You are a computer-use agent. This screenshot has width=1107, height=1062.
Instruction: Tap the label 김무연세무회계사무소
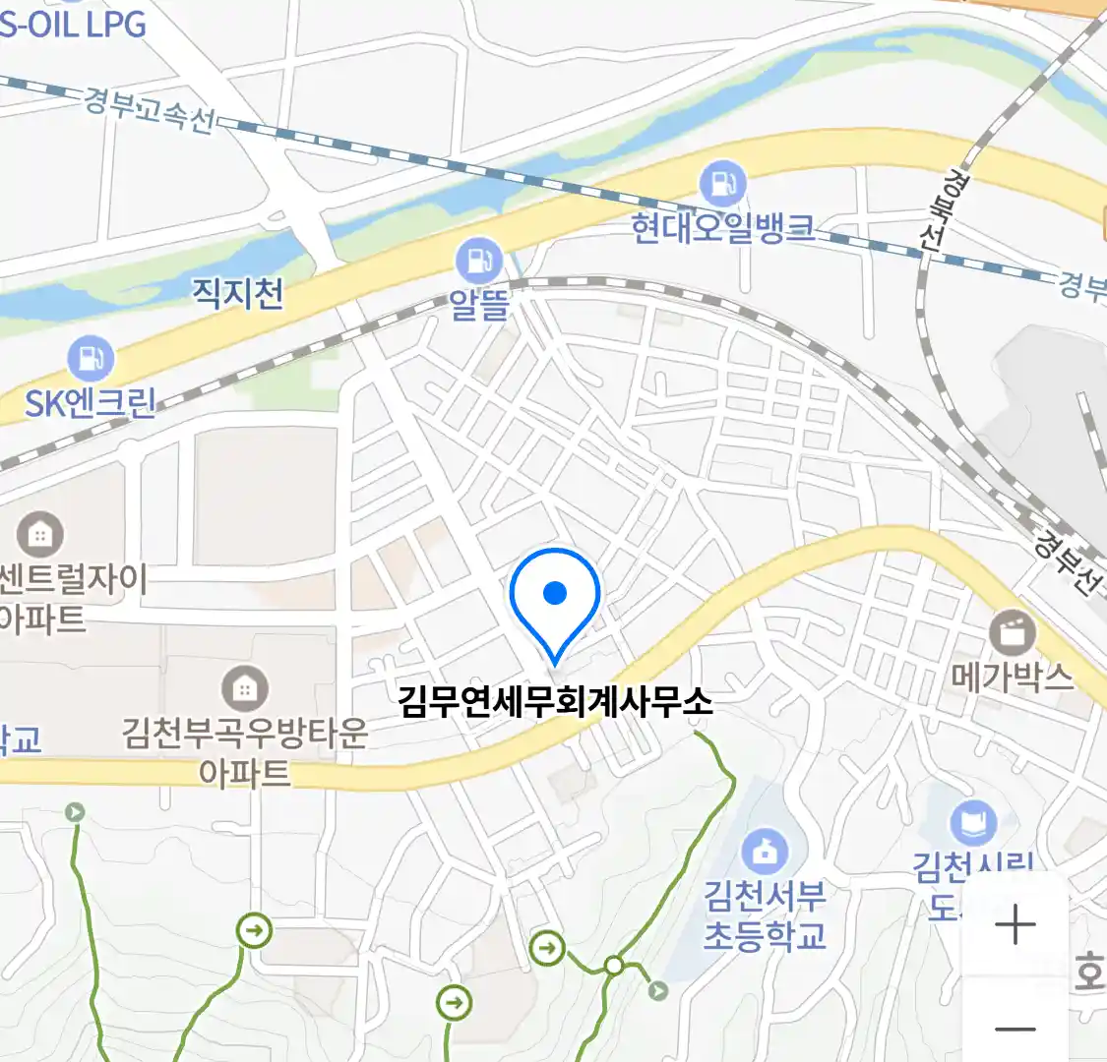pos(555,702)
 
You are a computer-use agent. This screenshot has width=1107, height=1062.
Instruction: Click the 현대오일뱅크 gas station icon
pos(722,184)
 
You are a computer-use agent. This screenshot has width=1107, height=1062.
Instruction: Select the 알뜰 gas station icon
pos(479,261)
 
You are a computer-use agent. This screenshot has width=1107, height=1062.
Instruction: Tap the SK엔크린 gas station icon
pos(91,359)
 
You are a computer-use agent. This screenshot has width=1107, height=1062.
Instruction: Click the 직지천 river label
pos(237,292)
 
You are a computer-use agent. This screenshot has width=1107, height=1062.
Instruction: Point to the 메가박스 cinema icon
pos(1013,632)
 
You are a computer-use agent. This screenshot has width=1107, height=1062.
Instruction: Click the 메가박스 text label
pos(1013,677)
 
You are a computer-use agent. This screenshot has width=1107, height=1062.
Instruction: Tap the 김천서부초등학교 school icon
pos(765,852)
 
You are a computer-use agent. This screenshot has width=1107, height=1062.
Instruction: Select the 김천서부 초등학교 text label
pos(765,915)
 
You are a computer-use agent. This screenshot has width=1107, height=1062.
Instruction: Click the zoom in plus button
pos(1015,925)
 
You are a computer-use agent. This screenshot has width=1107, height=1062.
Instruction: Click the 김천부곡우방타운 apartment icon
pos(245,689)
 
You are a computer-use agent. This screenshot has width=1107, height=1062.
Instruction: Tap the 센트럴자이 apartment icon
pos(40,535)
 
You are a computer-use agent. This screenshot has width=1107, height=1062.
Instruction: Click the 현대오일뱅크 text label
pos(722,228)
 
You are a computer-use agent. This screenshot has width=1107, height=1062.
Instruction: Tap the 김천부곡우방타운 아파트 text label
pos(245,752)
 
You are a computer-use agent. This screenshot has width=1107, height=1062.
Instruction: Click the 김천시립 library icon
pos(972,824)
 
